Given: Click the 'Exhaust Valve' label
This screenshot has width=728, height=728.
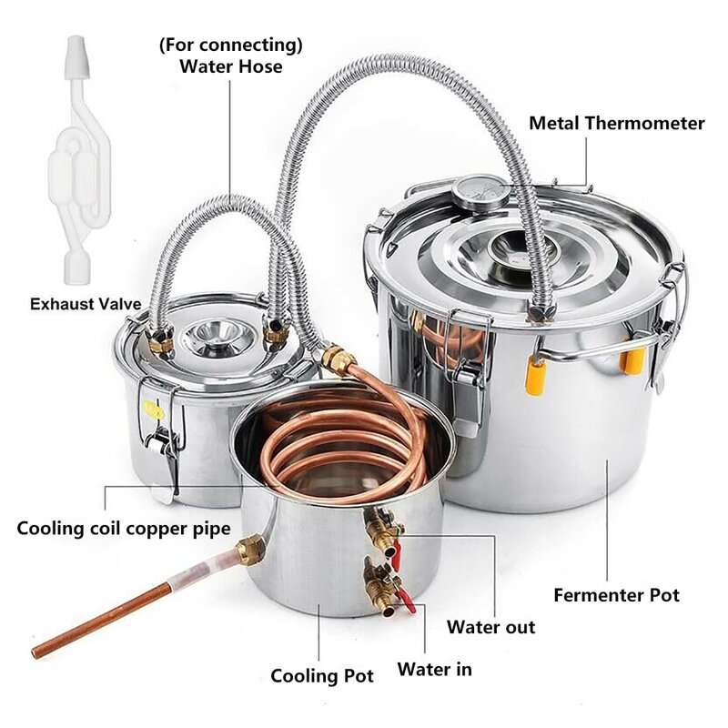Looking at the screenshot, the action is [x=86, y=304].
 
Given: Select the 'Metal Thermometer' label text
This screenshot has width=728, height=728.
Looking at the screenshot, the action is [x=617, y=123].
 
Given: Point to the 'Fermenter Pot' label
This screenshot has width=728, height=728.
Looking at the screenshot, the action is [x=617, y=595].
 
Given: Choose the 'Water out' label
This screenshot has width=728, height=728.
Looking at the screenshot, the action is [x=490, y=627].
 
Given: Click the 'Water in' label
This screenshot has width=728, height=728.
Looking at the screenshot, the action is [x=435, y=670].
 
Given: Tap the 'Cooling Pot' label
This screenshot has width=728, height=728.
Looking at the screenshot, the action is [x=322, y=676].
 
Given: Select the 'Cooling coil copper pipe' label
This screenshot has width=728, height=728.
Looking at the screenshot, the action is [x=124, y=529].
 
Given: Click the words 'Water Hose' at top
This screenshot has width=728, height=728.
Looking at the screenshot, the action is [x=231, y=66].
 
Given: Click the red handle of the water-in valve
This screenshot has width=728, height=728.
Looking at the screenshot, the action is [x=407, y=600].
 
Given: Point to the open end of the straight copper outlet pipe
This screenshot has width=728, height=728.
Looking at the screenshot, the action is [x=35, y=653].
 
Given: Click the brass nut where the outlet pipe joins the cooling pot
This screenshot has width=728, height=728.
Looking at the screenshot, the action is [x=251, y=550].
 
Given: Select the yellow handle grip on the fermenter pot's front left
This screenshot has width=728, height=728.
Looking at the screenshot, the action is [x=535, y=375].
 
